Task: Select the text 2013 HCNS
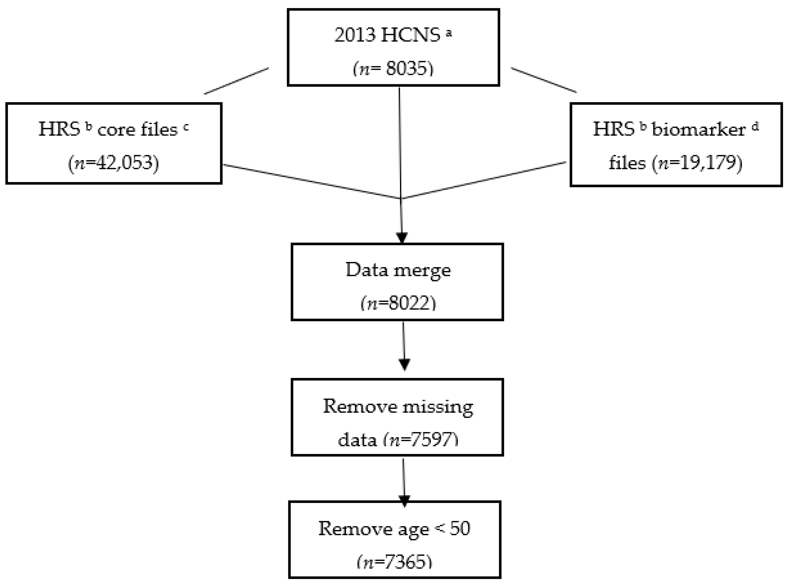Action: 387,35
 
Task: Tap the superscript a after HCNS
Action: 449,33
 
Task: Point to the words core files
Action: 137,130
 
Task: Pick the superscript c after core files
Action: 186,127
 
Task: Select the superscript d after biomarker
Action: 755,127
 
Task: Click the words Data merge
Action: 398,270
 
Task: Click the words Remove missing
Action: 398,406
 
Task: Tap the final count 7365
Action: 408,562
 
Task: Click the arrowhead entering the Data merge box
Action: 402,237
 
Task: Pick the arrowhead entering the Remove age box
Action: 404,501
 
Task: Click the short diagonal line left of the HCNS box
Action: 236,81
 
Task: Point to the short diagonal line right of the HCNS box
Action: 544,80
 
